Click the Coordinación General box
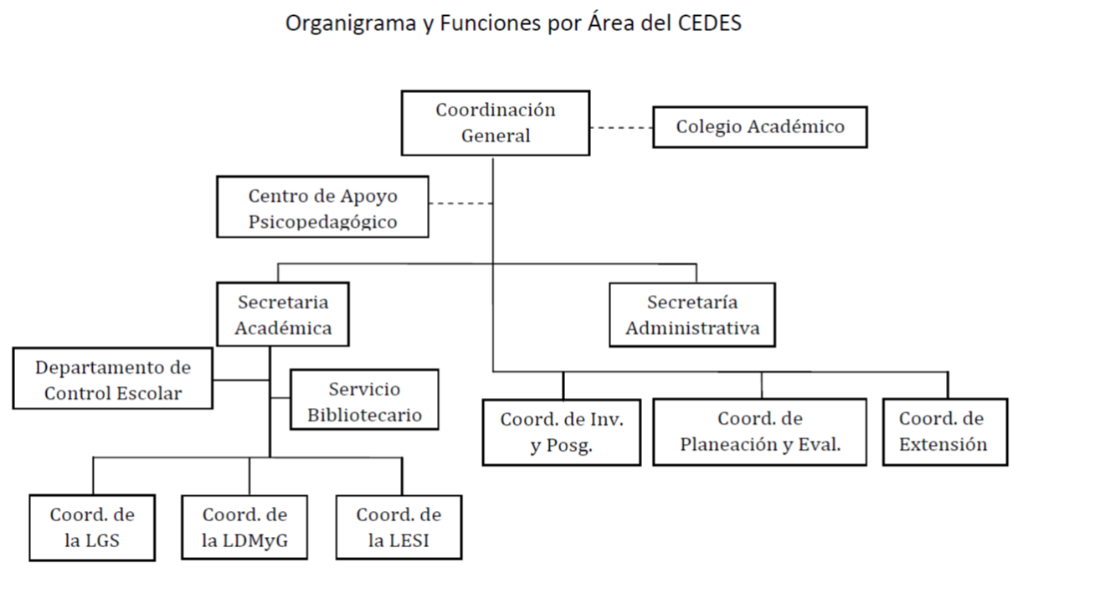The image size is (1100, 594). (496, 123)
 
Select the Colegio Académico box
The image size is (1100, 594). (760, 127)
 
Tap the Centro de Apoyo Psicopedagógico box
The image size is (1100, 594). (322, 207)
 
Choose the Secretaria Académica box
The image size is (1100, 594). (283, 314)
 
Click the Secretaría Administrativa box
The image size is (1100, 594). (692, 315)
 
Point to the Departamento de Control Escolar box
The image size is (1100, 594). (113, 379)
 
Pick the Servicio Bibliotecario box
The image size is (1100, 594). (364, 400)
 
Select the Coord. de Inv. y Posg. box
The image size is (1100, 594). (562, 432)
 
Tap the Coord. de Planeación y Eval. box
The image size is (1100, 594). (759, 431)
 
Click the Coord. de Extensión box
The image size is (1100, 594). (945, 431)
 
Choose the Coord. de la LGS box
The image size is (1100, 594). (92, 528)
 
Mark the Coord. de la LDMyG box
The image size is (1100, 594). (244, 527)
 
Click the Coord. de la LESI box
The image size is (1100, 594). (398, 527)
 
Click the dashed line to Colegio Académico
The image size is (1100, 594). (621, 127)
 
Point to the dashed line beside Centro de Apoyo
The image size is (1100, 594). (460, 204)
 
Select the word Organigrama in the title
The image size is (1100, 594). (351, 23)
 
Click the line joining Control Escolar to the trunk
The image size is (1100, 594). (241, 380)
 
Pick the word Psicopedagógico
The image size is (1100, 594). (322, 222)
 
